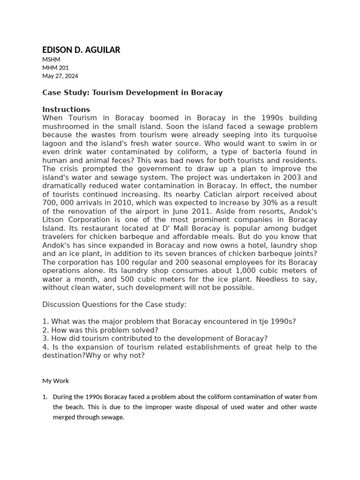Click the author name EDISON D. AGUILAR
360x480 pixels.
81,50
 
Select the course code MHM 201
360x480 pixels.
55,67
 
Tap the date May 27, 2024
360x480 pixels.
60,76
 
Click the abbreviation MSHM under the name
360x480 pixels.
51,60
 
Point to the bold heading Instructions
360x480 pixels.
66,110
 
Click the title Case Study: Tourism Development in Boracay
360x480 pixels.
132,93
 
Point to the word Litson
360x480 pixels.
52,219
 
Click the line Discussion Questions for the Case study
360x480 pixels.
114,305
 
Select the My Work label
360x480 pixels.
55,381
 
